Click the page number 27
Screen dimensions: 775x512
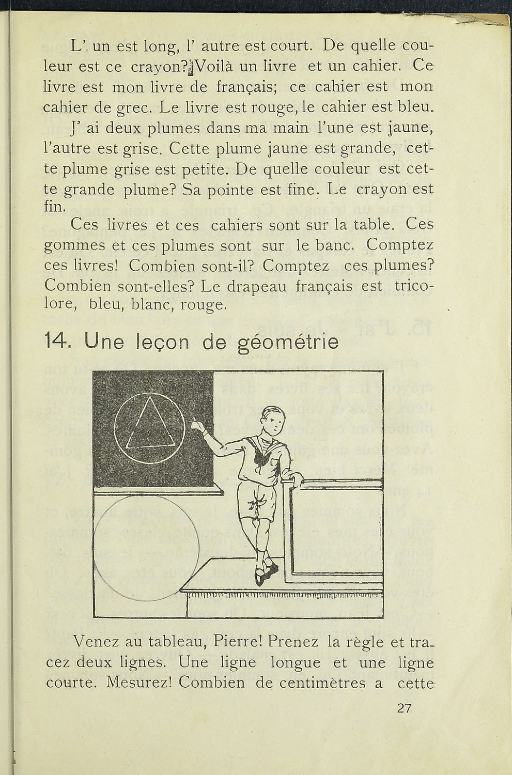pos(404,708)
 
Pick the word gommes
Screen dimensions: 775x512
pos(76,246)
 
